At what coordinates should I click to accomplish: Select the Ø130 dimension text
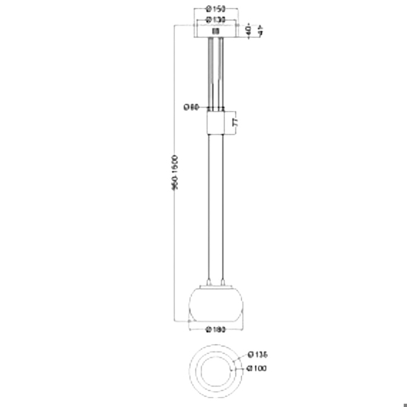[x=216, y=20]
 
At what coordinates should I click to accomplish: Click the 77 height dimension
[x=235, y=122]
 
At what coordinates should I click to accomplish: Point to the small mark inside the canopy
[x=215, y=31]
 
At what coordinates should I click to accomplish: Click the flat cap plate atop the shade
[x=216, y=286]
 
